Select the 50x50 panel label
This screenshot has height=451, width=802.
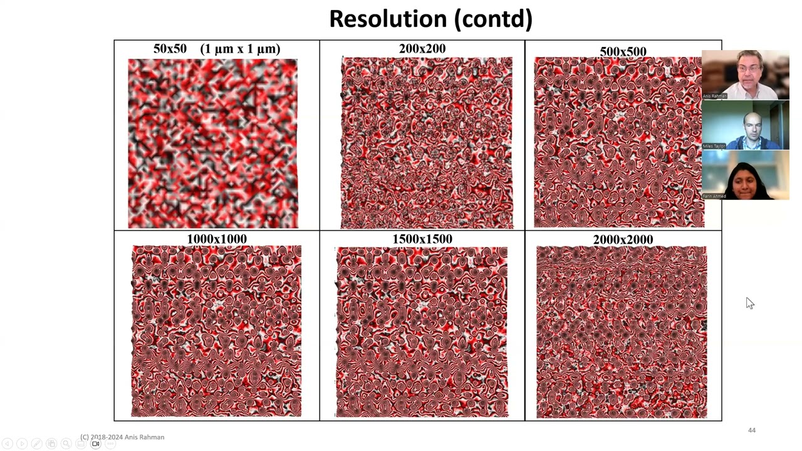click(x=170, y=49)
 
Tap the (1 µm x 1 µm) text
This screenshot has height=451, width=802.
click(x=240, y=49)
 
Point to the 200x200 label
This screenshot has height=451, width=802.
click(x=422, y=49)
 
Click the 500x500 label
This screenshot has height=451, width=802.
click(x=623, y=51)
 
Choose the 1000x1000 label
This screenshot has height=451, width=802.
click(x=217, y=239)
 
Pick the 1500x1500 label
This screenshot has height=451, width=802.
click(x=422, y=239)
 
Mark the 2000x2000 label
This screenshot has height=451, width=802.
click(x=623, y=240)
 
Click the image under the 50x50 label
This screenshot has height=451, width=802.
click(x=213, y=143)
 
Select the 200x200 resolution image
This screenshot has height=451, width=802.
click(x=427, y=143)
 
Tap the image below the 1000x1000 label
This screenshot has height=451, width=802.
click(x=216, y=331)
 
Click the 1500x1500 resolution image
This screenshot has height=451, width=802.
click(x=422, y=332)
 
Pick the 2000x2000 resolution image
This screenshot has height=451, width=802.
click(x=622, y=332)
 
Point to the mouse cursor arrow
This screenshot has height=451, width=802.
click(x=749, y=303)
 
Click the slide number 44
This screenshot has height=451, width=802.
click(x=752, y=430)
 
